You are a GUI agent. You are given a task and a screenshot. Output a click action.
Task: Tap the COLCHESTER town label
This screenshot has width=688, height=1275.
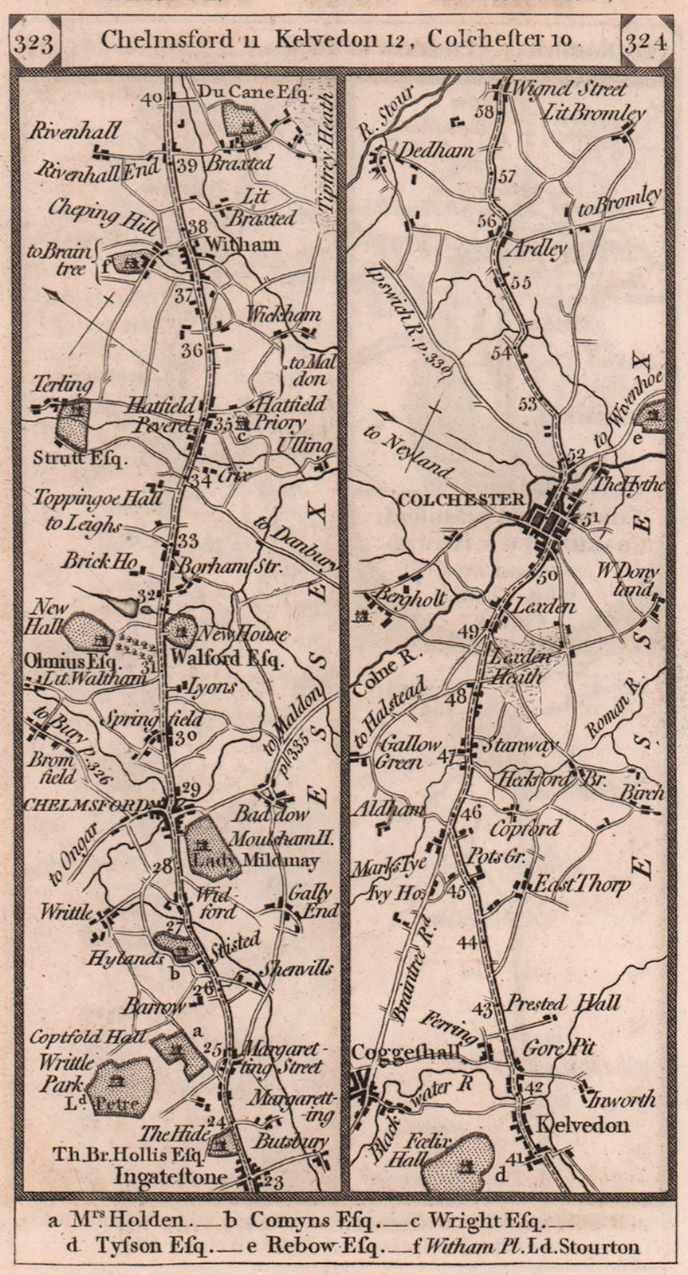(x=460, y=500)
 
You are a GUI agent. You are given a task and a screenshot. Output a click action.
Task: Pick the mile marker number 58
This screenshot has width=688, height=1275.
(x=483, y=112)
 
